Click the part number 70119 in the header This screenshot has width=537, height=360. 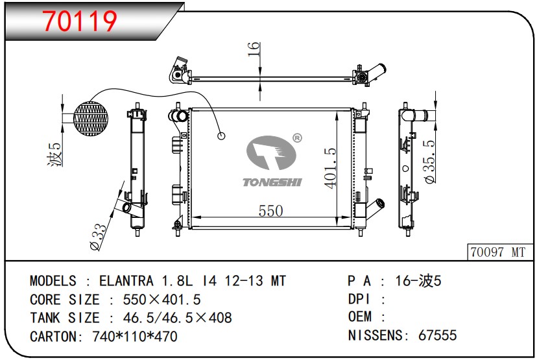click(80, 21)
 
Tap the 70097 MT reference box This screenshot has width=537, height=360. click(497, 252)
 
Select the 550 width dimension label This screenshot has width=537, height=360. click(270, 211)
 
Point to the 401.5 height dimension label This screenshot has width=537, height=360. click(330, 168)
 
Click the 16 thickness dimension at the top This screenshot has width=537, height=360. click(254, 48)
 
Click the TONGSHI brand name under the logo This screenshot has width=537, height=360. click(272, 182)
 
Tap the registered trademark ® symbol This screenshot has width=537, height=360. click(297, 138)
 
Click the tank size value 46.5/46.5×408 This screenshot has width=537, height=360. click(171, 318)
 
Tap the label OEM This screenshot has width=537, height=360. click(360, 317)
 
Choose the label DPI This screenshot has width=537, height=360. click(359, 299)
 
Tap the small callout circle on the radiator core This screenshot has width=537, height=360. click(221, 136)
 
